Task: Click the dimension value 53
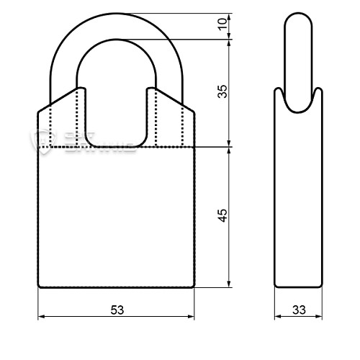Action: tap(117, 310)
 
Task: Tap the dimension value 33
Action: tap(299, 310)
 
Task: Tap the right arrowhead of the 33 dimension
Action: tap(318, 316)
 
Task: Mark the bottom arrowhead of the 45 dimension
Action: tap(229, 284)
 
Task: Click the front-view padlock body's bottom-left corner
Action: tap(39, 287)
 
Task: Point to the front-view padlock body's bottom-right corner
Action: tap(194, 287)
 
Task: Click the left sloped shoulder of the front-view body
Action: tap(56, 101)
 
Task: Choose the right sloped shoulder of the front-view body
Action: tap(177, 101)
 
